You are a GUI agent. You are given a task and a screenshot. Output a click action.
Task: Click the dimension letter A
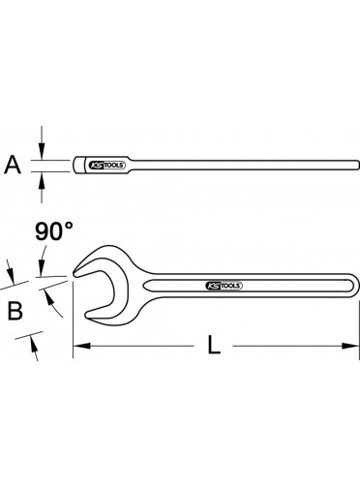pyautogui.click(x=13, y=165)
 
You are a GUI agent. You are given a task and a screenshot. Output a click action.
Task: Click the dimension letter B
pyautogui.click(x=15, y=311)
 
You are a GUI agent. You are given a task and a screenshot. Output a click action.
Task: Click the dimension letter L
pyautogui.click(x=214, y=345)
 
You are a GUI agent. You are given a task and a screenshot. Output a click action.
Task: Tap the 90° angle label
pyautogui.click(x=54, y=231)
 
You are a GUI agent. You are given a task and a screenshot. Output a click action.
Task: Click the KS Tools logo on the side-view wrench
pyautogui.click(x=106, y=166)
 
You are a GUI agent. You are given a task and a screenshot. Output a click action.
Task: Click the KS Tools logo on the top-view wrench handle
pyautogui.click(x=224, y=286)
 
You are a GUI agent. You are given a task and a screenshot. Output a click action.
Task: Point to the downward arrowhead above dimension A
pyautogui.click(x=42, y=152)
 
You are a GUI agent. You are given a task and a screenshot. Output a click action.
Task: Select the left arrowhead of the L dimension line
pyautogui.click(x=81, y=346)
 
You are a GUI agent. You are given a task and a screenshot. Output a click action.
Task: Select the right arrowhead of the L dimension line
pyautogui.click(x=350, y=346)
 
